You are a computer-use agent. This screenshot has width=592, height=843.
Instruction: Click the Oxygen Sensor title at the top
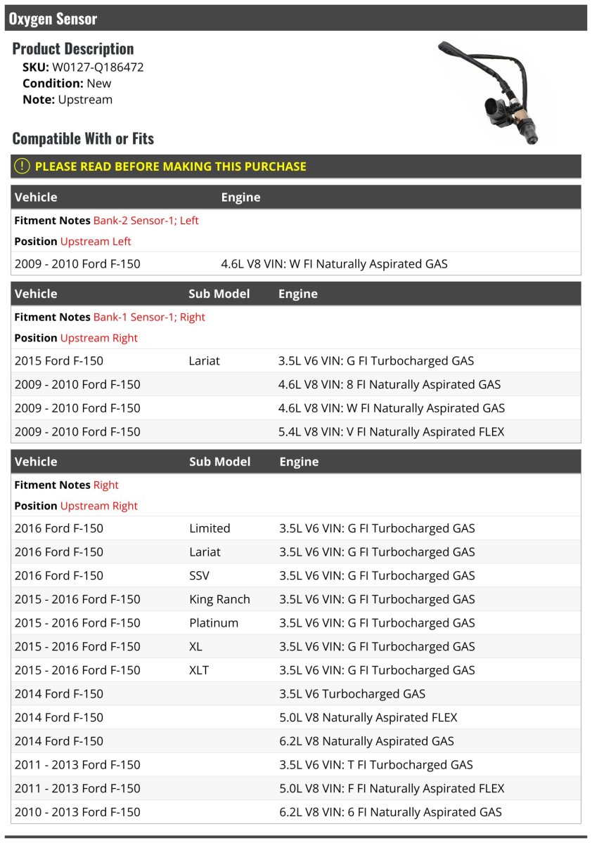(x=53, y=19)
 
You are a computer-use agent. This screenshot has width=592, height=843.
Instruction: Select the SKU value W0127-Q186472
(x=98, y=67)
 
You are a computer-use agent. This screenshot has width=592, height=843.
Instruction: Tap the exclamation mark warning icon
(x=22, y=166)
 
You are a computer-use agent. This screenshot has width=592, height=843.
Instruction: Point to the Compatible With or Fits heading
(x=83, y=138)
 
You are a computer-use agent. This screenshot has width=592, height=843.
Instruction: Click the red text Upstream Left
(x=96, y=241)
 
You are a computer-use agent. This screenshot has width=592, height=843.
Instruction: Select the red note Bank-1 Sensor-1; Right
(x=149, y=317)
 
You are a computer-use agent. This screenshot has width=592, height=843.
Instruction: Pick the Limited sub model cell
(x=210, y=528)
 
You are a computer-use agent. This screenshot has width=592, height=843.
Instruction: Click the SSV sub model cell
(x=199, y=575)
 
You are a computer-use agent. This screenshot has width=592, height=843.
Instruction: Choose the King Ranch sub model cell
(x=219, y=599)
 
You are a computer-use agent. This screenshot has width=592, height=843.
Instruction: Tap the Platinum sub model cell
(x=214, y=623)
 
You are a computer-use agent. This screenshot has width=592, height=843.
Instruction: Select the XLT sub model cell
(x=200, y=670)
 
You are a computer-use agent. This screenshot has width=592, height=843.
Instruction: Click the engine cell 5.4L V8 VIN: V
(x=391, y=431)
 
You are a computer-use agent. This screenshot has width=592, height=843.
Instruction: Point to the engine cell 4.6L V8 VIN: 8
(x=390, y=384)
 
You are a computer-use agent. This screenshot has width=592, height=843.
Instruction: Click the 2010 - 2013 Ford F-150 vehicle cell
(x=77, y=812)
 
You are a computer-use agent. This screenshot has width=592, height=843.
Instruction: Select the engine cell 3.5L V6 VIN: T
(x=376, y=764)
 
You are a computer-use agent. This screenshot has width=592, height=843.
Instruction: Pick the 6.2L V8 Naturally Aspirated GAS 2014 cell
(x=366, y=741)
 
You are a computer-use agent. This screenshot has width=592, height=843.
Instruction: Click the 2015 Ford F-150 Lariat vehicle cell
(x=59, y=361)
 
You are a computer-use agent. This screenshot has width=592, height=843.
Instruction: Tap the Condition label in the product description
(x=53, y=83)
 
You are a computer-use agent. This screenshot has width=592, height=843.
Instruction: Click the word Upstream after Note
(x=85, y=100)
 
